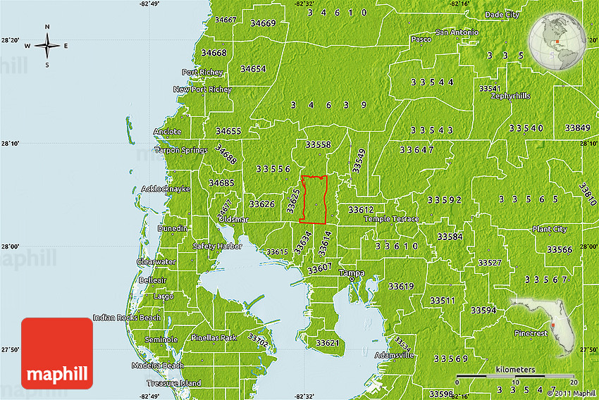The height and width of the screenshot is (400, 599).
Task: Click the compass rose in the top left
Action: tap(47, 46)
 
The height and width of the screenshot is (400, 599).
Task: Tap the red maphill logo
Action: tap(57, 353)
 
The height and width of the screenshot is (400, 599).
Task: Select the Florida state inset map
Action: tap(546, 325)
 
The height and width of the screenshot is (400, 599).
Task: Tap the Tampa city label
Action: tap(351, 273)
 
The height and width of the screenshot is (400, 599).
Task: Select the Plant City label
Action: tap(550, 229)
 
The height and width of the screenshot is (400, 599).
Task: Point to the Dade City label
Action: tap(502, 14)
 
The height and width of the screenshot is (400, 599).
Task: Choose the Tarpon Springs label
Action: tap(181, 150)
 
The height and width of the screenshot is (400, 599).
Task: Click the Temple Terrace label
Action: tap(391, 219)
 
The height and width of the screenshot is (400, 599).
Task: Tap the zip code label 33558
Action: tap(318, 144)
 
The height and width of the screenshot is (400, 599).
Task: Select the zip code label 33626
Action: tap(261, 204)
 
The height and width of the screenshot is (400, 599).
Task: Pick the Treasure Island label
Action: tap(173, 383)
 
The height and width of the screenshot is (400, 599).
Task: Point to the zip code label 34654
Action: tap(252, 69)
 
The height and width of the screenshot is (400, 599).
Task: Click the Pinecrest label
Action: tap(531, 333)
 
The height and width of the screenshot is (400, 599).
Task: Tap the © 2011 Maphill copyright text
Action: tap(572, 393)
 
